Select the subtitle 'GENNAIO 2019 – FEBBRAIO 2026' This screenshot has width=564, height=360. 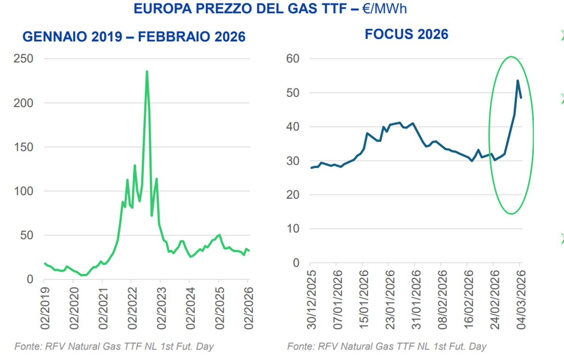tap(134, 37)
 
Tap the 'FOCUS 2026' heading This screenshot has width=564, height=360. tap(407, 34)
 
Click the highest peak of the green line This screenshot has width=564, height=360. tap(147, 71)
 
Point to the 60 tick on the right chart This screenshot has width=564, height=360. tap(294, 59)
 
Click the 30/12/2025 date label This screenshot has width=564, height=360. tap(311, 305)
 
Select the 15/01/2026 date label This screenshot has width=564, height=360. tap(363, 305)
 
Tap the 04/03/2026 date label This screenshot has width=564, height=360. tap(519, 305)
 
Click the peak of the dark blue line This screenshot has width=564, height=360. tap(517, 80)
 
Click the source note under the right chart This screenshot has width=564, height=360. tap(387, 347)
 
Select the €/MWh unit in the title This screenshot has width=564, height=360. tap(385, 8)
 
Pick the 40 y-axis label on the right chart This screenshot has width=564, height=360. tap(294, 127)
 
